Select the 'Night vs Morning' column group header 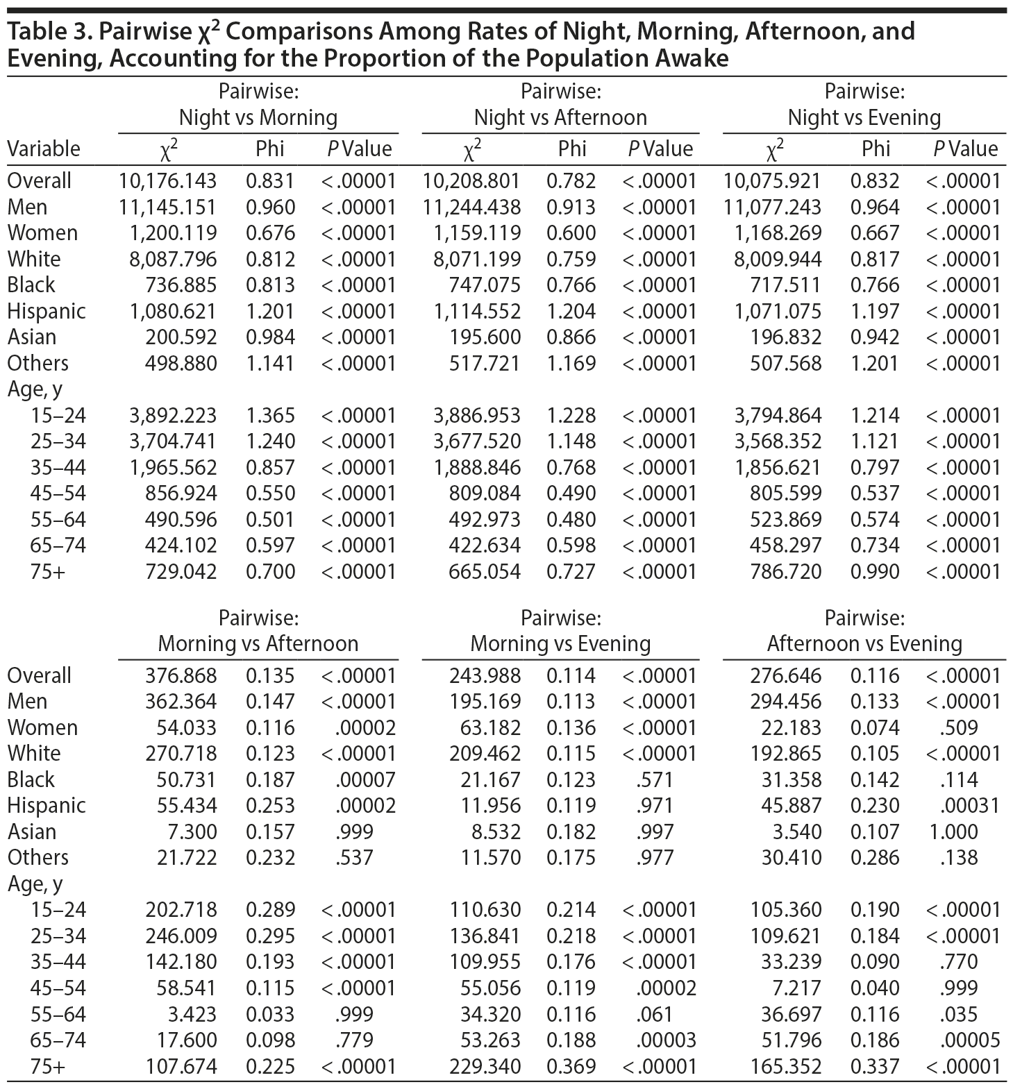click(x=258, y=117)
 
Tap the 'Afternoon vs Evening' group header click(x=864, y=643)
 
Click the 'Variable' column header click(x=44, y=149)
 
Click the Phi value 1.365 click(x=270, y=415)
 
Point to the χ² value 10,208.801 click(x=471, y=181)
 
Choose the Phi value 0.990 click(x=875, y=571)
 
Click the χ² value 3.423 click(x=192, y=1014)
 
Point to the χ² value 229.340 click(x=485, y=1066)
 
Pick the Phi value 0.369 click(x=571, y=1066)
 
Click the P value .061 click(x=654, y=1014)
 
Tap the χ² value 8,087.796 click(x=173, y=259)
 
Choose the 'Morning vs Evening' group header click(x=560, y=643)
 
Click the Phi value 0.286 click(x=875, y=857)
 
